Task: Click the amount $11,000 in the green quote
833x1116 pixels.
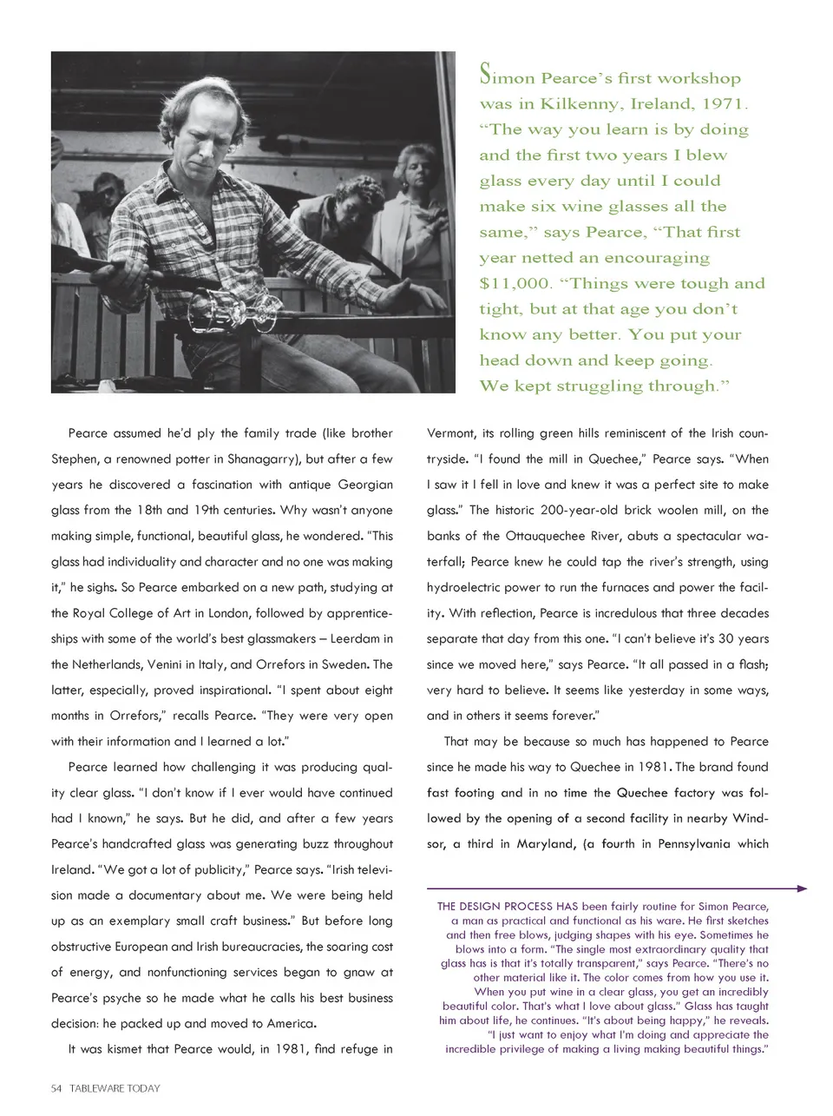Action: click(x=515, y=284)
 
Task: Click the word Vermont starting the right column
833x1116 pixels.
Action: click(x=450, y=433)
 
